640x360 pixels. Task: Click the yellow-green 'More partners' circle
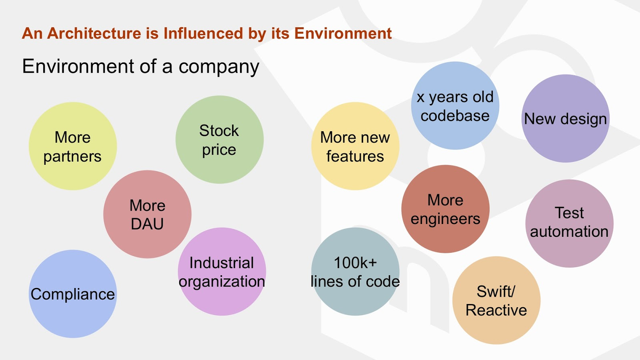[72, 146]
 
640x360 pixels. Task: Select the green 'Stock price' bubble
[220, 140]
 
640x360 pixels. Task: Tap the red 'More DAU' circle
[147, 214]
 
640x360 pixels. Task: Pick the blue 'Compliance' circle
[72, 294]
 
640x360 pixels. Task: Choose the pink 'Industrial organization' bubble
[222, 272]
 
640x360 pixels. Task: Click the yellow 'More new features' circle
[355, 146]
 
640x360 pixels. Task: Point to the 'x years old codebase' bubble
[455, 106]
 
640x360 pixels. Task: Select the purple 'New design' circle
[565, 118]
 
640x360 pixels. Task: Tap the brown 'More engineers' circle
[445, 209]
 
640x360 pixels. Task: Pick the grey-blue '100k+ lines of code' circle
[355, 272]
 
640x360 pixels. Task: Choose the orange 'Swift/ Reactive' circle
[496, 300]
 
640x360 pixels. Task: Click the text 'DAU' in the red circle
[147, 224]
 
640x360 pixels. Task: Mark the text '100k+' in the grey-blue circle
[355, 263]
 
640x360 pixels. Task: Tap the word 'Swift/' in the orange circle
[496, 292]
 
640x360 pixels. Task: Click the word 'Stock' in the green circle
[219, 131]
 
